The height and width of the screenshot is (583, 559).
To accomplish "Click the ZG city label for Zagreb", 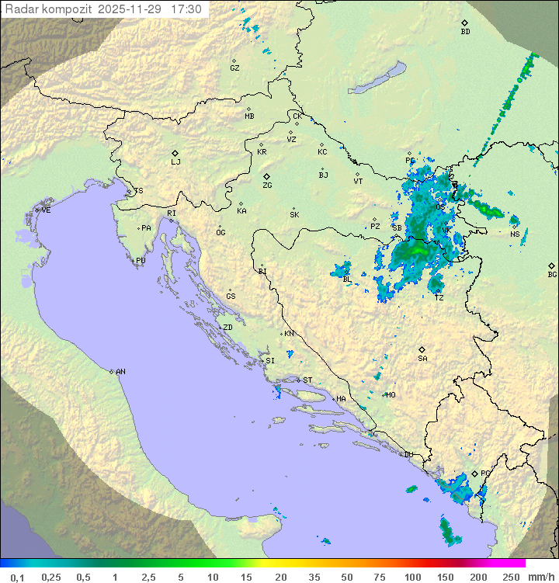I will pos(267,186).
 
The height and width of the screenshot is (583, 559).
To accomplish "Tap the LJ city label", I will pos(175,162).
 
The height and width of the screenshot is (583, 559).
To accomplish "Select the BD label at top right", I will pos(465,32).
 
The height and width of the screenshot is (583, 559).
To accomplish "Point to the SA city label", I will pos(422,359).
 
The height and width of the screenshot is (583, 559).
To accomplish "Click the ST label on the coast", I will pos(307,380).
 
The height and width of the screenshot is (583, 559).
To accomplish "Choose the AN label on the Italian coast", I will pos(120,372).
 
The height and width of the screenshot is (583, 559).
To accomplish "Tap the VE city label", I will pos(46,210).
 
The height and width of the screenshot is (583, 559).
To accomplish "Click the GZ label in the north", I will pos(234,68).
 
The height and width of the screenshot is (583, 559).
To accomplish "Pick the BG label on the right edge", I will pos(552,275).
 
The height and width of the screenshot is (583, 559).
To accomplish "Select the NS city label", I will pos(515,234).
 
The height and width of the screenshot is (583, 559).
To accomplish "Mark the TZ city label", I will pos(439,298).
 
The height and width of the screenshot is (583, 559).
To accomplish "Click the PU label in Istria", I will pos(141,261).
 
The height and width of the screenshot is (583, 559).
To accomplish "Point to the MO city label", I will pos(391,395).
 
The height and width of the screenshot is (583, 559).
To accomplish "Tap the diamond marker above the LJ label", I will pos(175,153).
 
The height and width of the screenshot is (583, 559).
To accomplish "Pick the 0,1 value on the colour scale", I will pos(17,577).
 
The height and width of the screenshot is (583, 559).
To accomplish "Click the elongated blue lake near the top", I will pos(377,78).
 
